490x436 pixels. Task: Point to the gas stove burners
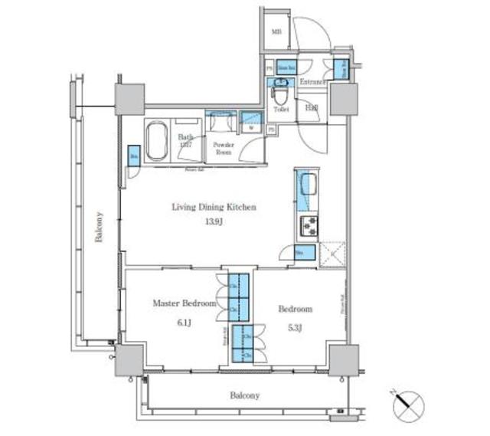tap(309, 225)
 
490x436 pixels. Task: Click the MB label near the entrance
tap(276, 32)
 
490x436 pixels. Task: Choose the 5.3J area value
tap(295, 329)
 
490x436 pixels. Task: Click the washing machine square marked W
tap(250, 122)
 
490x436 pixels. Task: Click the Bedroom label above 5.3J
tap(295, 309)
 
